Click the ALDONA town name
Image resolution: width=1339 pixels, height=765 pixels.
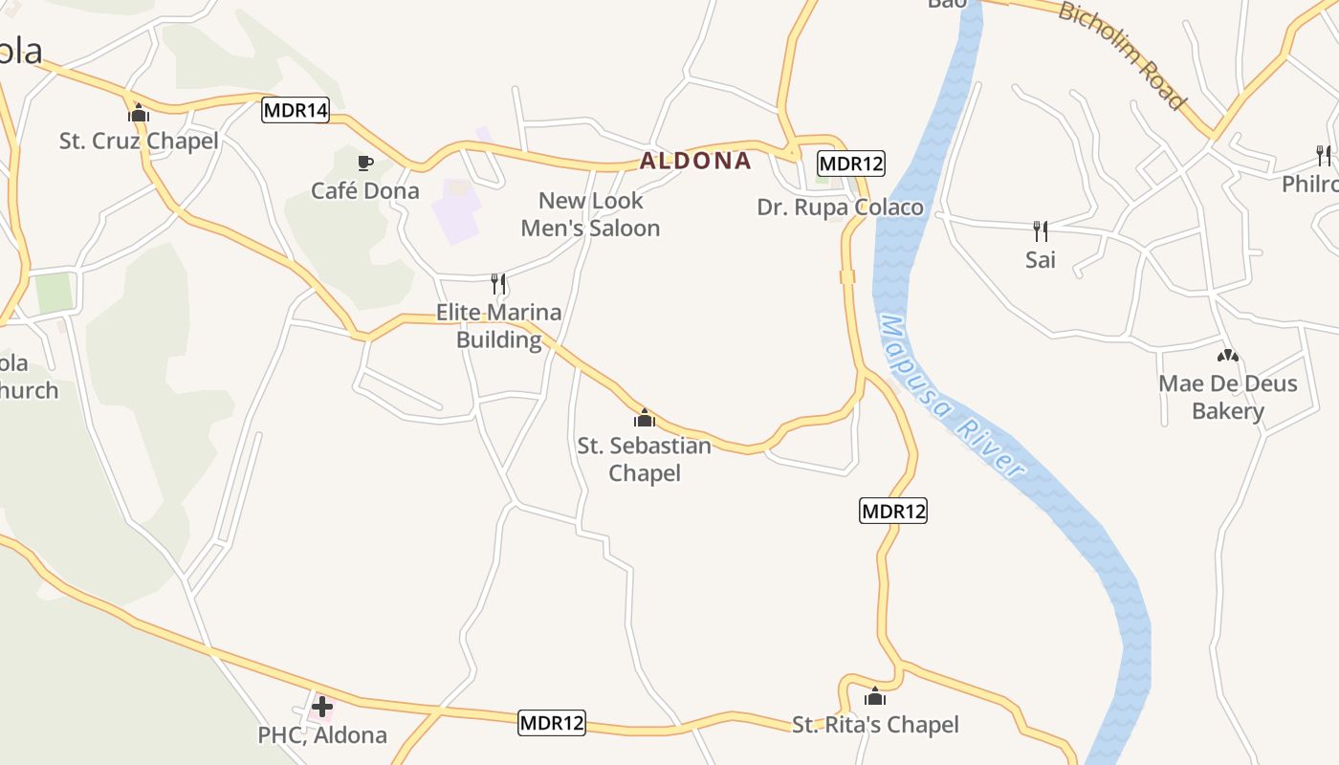click(695, 161)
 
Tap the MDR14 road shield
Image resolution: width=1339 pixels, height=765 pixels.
click(296, 110)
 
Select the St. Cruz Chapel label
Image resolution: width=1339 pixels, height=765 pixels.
click(139, 142)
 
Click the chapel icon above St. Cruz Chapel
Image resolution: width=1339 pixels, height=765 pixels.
click(139, 113)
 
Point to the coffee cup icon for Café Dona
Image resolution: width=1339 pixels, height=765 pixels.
click(364, 163)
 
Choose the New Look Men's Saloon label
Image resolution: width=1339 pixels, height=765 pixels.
click(590, 214)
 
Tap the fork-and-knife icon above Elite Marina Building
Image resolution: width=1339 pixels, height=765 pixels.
click(498, 283)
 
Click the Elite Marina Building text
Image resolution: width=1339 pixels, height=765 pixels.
click(498, 326)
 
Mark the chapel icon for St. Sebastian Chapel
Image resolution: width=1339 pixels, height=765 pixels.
click(645, 418)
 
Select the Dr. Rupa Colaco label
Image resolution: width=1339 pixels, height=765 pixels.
click(840, 208)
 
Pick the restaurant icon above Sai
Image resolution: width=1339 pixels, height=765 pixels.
click(1041, 230)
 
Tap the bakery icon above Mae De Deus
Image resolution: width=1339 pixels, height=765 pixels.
click(1228, 356)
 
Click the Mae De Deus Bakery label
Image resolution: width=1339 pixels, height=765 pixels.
click(1228, 398)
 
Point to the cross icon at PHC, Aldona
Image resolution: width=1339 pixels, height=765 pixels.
click(322, 707)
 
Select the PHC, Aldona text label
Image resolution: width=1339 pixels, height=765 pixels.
click(322, 735)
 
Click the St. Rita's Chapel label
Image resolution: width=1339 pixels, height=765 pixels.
click(875, 725)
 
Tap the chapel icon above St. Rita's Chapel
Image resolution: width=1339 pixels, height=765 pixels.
click(875, 696)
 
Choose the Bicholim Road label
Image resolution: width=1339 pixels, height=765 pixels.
click(1122, 55)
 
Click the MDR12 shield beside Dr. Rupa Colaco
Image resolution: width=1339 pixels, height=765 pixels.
click(851, 164)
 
